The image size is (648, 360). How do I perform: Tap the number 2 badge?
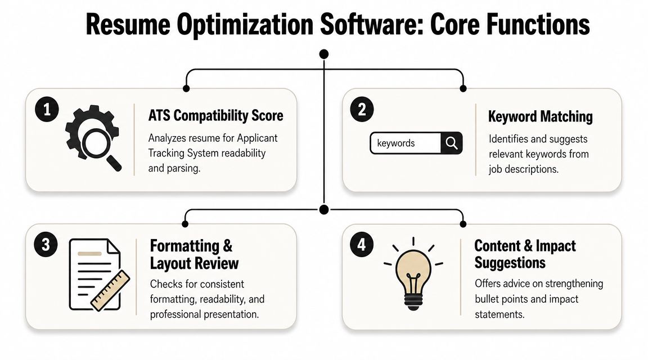pos(362,110)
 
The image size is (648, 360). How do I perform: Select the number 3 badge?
pos(47,245)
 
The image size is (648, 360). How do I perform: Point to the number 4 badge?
pos(361,245)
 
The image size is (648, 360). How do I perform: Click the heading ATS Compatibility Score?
pos(216,116)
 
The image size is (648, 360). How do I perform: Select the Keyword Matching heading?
pos(540,116)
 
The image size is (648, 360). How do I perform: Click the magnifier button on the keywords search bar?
pos(451,143)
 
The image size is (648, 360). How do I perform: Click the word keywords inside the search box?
pos(396,143)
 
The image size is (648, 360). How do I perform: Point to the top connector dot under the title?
pos(323,54)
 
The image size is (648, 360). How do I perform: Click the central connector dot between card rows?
pos(323,209)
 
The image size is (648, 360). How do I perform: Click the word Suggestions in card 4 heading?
pos(510,262)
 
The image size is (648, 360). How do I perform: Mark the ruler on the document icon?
pos(111,290)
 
